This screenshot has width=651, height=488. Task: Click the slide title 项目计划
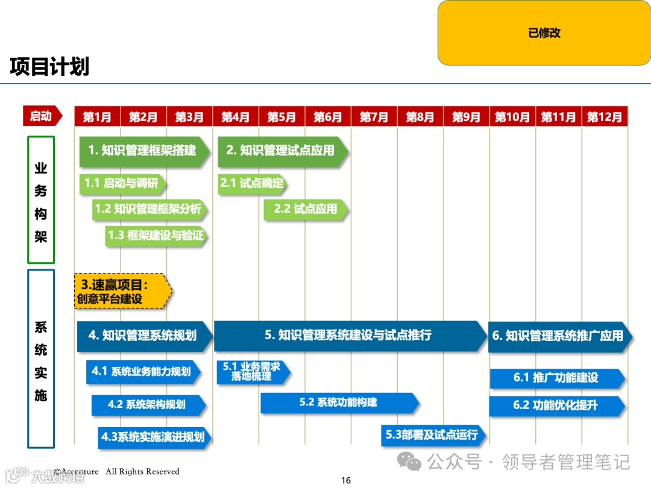tap(49, 67)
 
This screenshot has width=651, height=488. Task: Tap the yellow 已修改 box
tap(544, 33)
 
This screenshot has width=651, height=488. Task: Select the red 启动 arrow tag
tap(42, 116)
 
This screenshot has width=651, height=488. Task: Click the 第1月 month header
tap(97, 117)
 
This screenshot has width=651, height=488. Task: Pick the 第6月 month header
tap(327, 117)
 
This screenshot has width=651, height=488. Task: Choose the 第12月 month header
tap(604, 117)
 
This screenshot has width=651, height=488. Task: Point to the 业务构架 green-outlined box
tap(41, 200)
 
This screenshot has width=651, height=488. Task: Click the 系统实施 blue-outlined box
tap(41, 358)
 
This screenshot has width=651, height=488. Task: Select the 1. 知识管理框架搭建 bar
tap(143, 151)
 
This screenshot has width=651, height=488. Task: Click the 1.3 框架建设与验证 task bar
tap(156, 236)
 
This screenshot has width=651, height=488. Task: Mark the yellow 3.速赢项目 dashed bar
tap(122, 292)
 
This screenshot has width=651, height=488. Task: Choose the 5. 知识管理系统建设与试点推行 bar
tap(349, 336)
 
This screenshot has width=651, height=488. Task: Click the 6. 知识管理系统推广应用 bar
tap(558, 336)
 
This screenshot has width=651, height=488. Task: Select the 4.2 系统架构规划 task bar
tap(148, 404)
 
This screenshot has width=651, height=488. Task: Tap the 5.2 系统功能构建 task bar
tap(339, 402)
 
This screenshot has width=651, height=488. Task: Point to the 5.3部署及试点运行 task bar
tap(432, 435)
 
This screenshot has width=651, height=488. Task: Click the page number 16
tap(345, 480)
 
